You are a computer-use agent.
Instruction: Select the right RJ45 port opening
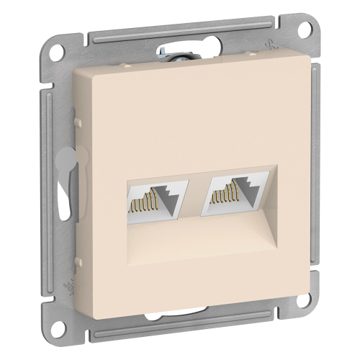point(231,199)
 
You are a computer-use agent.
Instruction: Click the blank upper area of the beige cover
point(194,115)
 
